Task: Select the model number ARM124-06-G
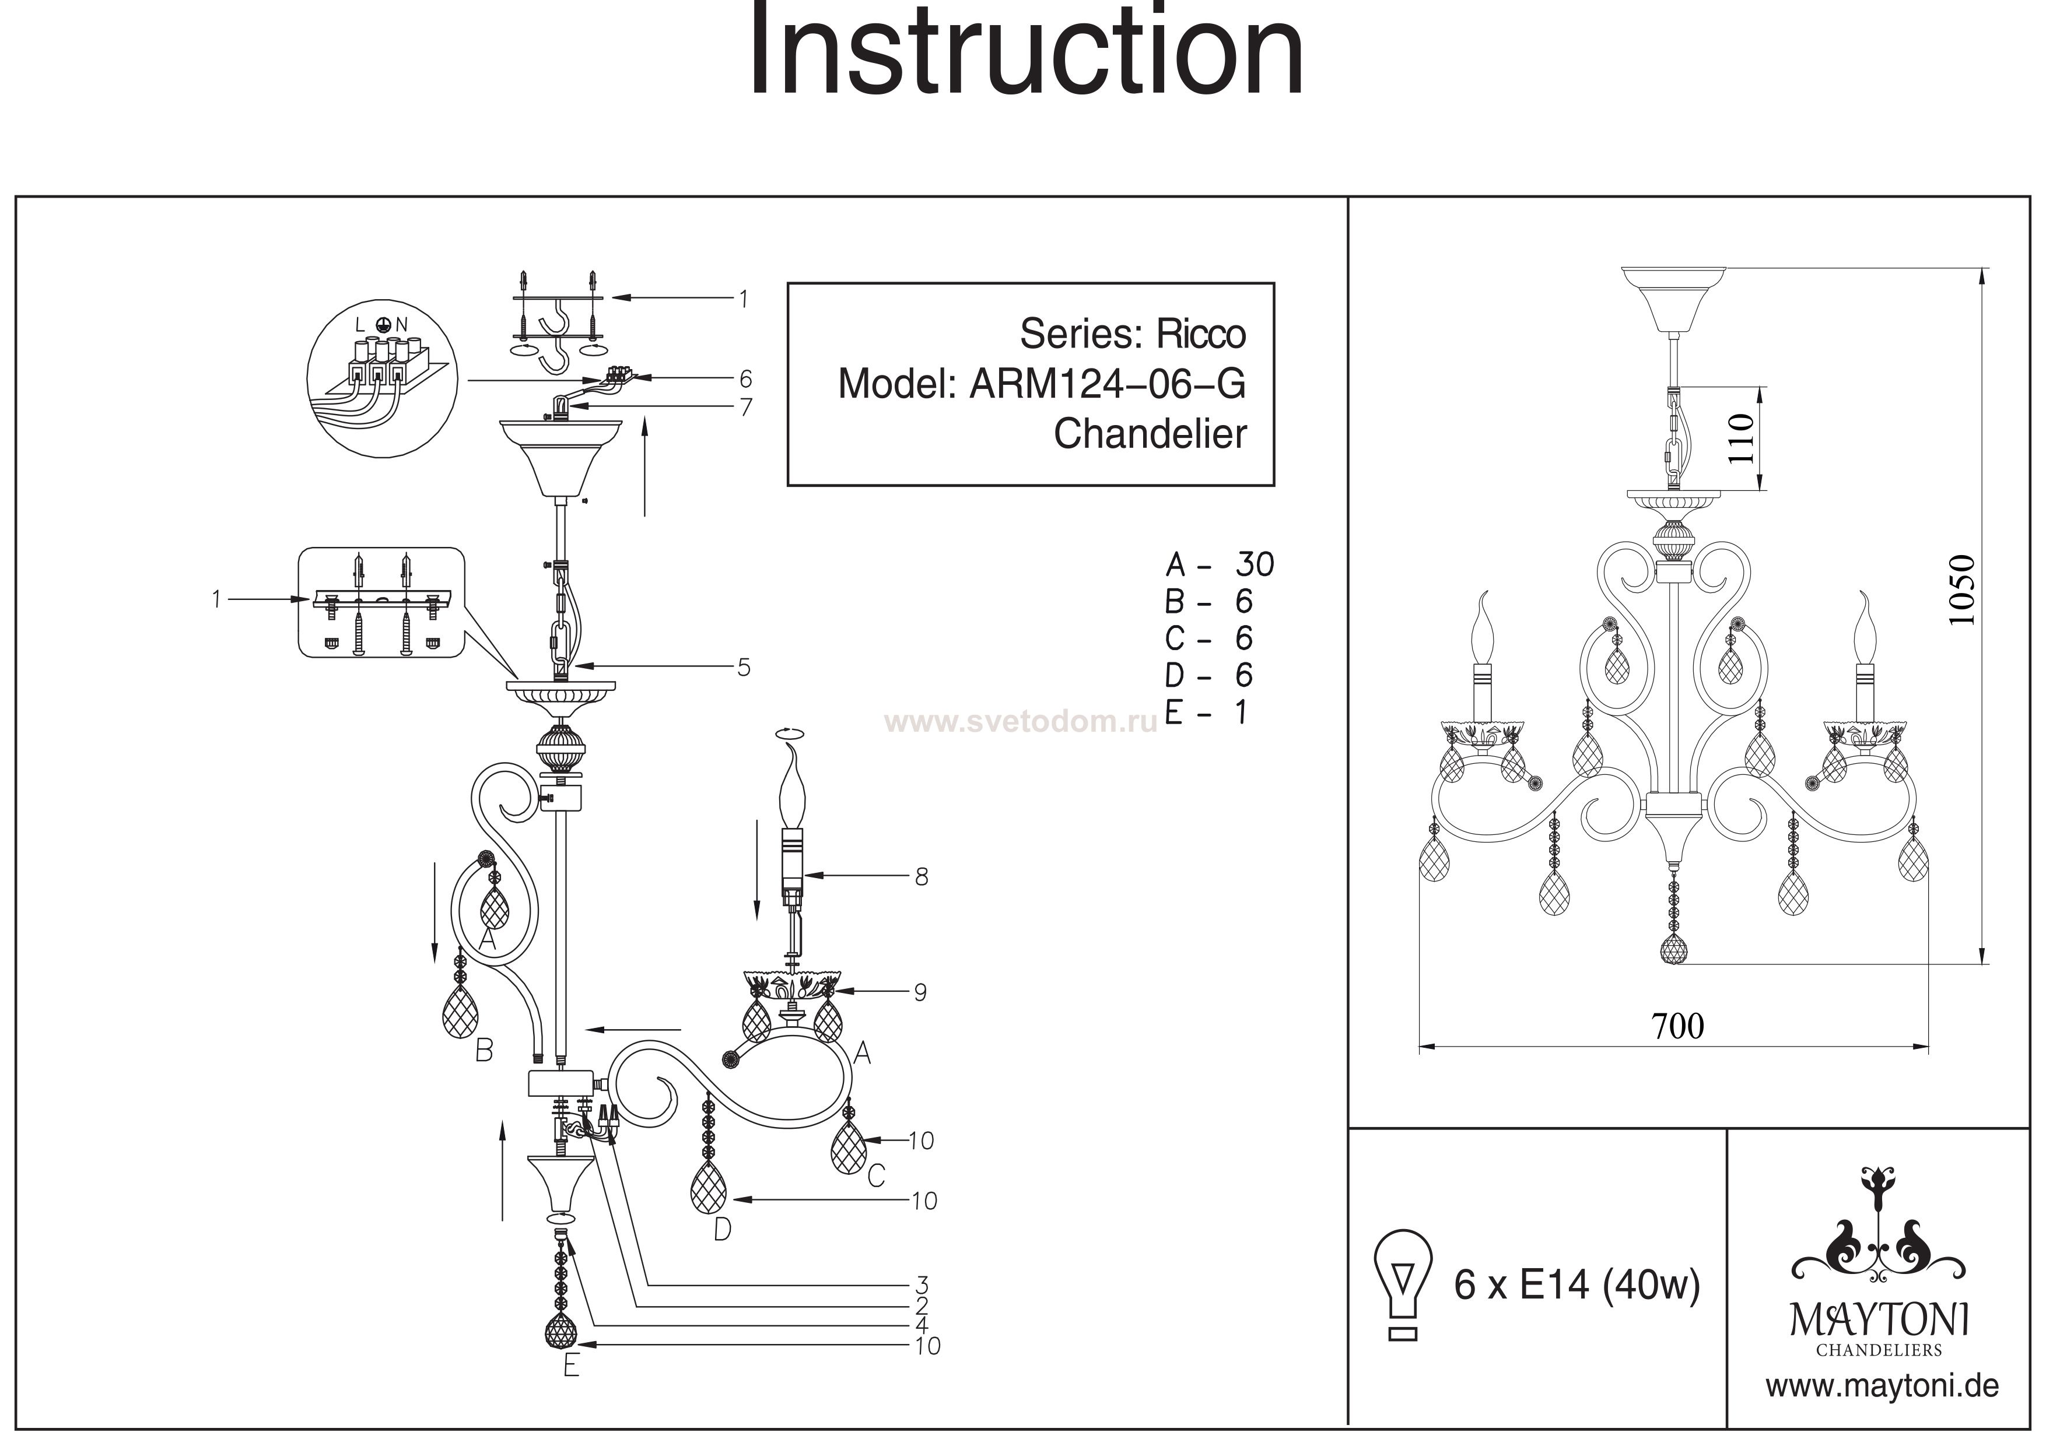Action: click(x=1108, y=384)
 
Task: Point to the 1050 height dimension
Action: click(x=1961, y=591)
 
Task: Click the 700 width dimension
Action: click(x=1679, y=1026)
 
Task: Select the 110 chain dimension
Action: click(x=1741, y=438)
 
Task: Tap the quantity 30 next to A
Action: click(x=1255, y=564)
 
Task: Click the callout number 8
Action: click(x=922, y=877)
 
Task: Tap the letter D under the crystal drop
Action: click(x=723, y=1230)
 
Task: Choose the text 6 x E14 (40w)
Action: click(x=1577, y=1286)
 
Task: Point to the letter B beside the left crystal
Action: click(x=484, y=1051)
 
